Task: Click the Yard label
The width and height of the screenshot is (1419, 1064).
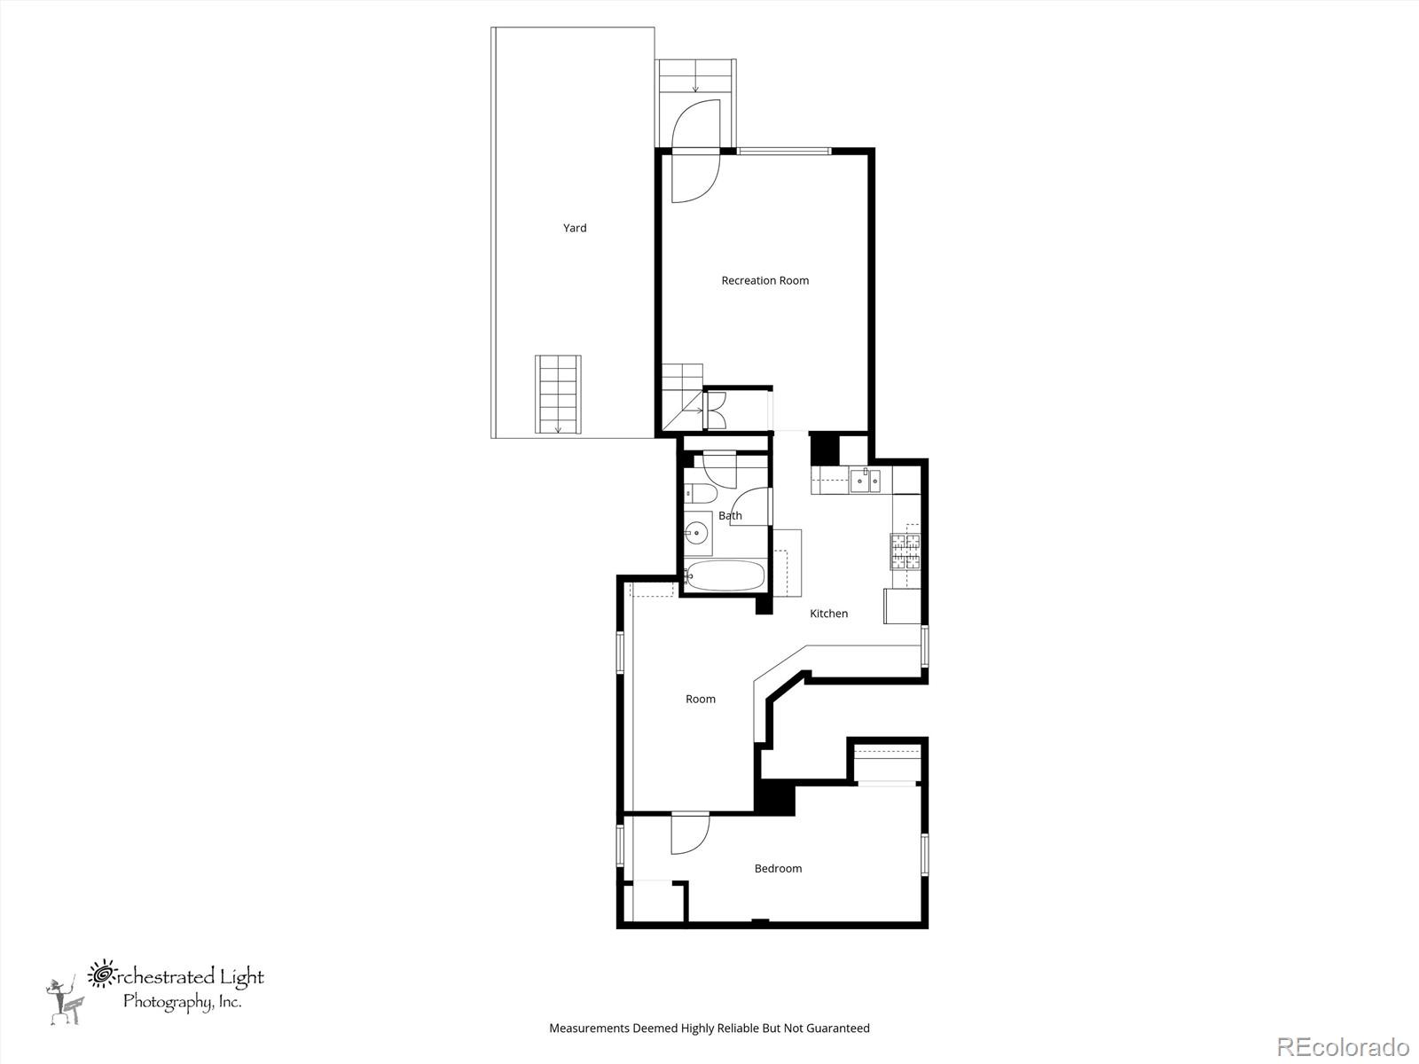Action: tap(575, 228)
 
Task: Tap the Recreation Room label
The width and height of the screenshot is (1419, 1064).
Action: tap(764, 280)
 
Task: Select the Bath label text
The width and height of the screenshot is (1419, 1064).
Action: tap(730, 515)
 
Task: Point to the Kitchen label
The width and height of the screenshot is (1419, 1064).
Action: tap(828, 614)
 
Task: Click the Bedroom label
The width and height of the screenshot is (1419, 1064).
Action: tap(778, 868)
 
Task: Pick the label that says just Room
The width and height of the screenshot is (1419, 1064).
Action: tap(700, 699)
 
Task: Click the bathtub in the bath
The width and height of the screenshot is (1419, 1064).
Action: tap(725, 576)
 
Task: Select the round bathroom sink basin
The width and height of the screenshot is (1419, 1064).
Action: tap(697, 535)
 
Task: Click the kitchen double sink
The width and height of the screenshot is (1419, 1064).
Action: tap(865, 481)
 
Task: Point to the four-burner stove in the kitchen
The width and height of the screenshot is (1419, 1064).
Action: tap(905, 552)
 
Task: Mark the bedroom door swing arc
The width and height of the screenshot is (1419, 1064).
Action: tap(690, 834)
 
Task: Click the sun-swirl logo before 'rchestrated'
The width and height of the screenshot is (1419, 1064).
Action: tap(102, 974)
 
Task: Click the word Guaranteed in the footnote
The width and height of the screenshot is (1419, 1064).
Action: tap(838, 1029)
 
